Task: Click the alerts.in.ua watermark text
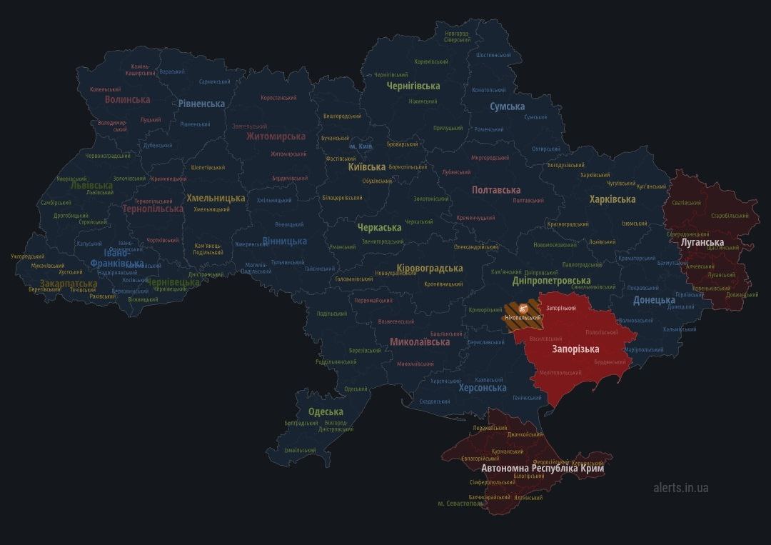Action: coord(680,488)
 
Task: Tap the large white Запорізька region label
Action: coord(575,349)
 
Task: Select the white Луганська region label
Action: coord(702,243)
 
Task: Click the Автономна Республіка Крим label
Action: coord(543,469)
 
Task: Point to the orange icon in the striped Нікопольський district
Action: coord(524,308)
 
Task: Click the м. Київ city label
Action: coord(361,146)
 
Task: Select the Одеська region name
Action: coord(326,411)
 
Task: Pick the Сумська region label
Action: coord(507,106)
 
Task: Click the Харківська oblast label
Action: coord(613,199)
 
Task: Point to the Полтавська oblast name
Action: coord(496,190)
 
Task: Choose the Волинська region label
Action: coord(127,99)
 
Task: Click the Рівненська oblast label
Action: coord(201,104)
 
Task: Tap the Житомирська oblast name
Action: coord(276,136)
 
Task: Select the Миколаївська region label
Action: coord(420,342)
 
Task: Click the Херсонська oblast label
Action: coord(483,388)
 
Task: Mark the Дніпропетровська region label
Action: coord(551,281)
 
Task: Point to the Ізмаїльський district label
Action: coord(300,451)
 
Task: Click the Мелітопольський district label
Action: coord(560,373)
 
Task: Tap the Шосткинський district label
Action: coord(493,55)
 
